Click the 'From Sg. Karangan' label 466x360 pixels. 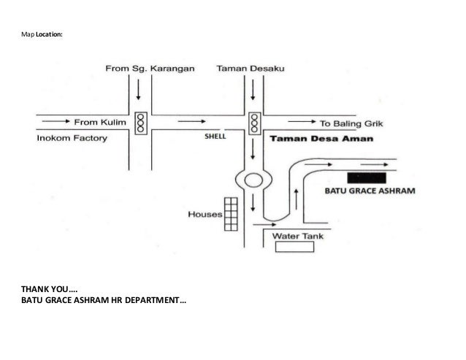(150, 69)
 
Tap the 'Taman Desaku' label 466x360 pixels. (251, 69)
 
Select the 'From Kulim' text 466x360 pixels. (100, 122)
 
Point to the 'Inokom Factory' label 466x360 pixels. (72, 138)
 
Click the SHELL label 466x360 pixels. (215, 137)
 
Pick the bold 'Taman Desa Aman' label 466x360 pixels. (321, 139)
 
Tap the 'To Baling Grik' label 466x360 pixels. (351, 123)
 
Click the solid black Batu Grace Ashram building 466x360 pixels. (367, 178)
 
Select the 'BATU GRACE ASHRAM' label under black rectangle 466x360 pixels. (370, 191)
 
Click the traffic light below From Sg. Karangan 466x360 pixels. (141, 123)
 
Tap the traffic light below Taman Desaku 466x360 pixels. (254, 123)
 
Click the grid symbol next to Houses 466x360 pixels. (231, 214)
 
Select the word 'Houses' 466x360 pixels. (205, 214)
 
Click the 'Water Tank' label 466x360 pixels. (297, 236)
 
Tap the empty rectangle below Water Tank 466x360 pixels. (294, 247)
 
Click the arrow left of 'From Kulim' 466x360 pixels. (56, 121)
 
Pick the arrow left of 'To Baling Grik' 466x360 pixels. (302, 121)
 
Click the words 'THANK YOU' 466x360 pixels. (45, 289)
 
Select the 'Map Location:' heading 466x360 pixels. (42, 34)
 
